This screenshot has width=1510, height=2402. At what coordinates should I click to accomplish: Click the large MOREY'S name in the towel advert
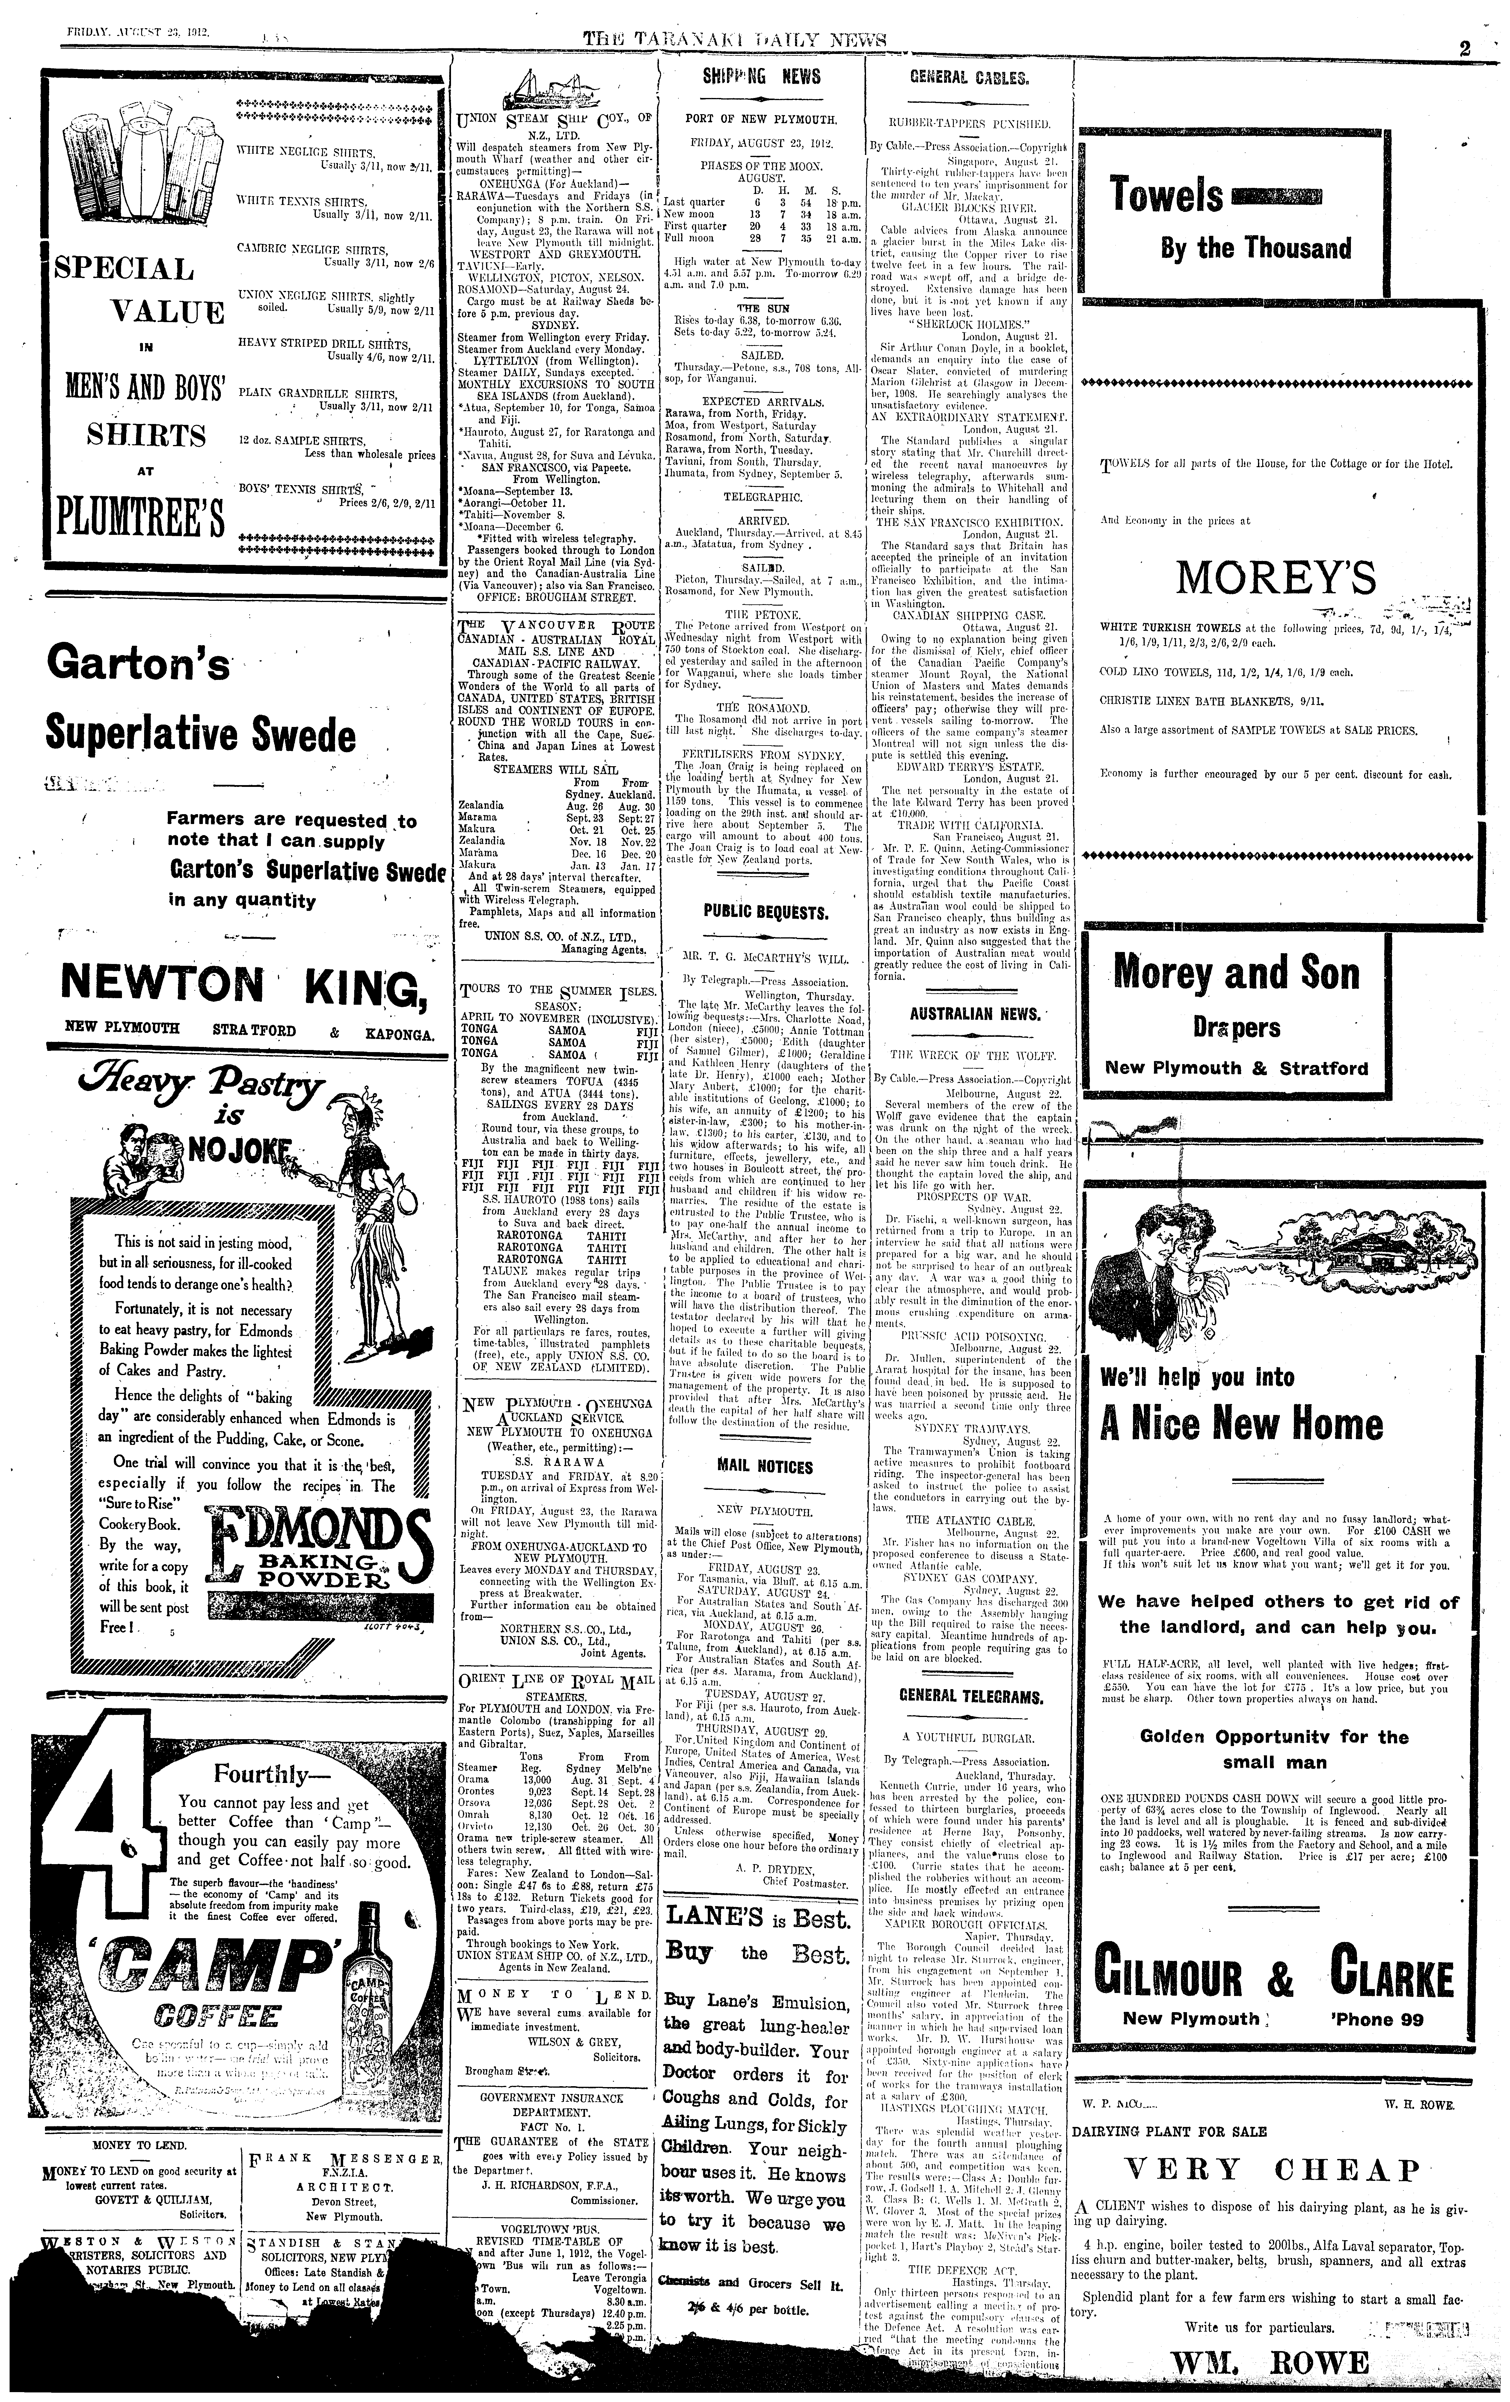[1276, 577]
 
